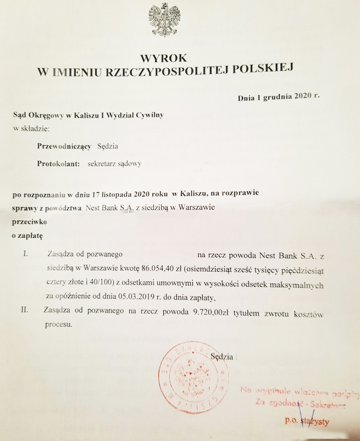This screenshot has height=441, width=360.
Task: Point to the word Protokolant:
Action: (59, 164)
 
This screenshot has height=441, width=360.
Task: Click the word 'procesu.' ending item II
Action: (59, 325)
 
